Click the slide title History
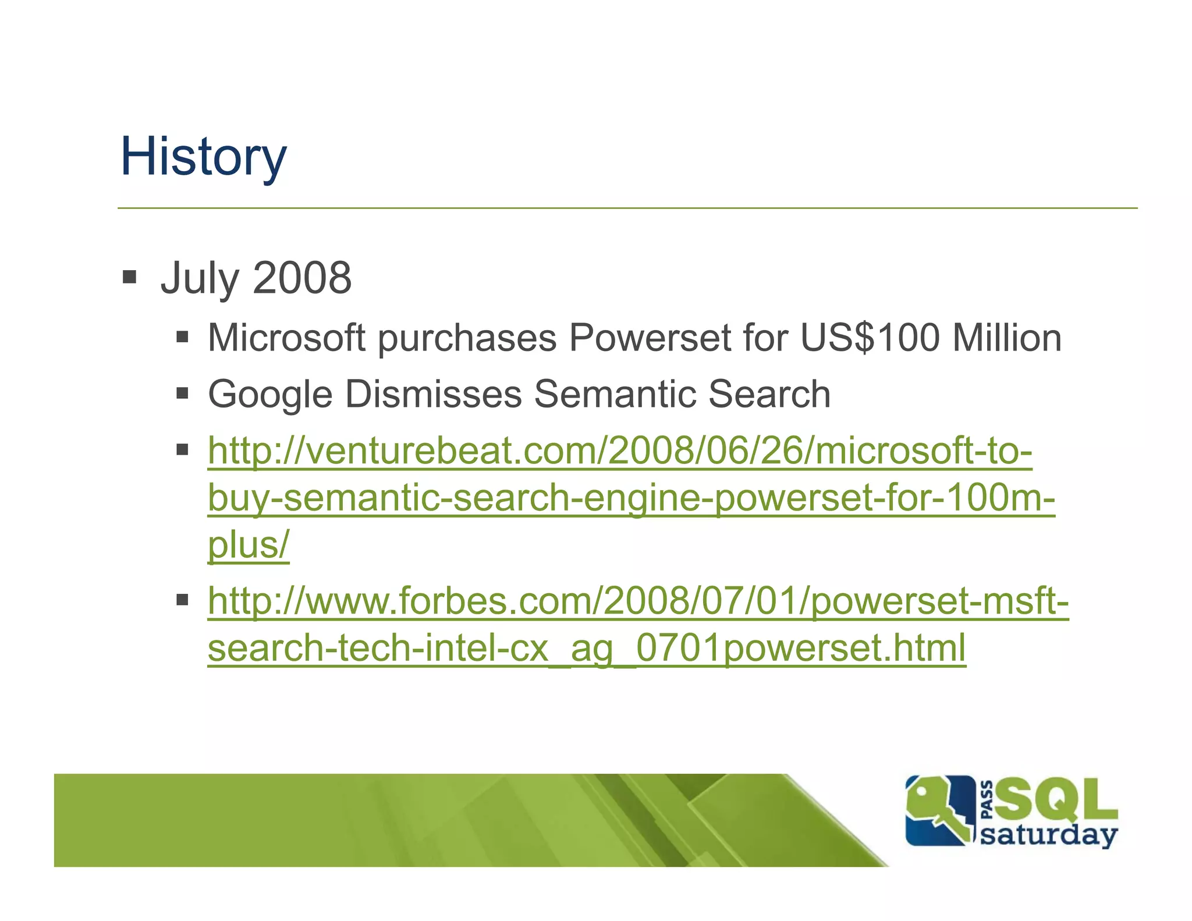(203, 157)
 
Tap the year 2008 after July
(302, 278)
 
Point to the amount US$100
(870, 338)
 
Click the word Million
(1006, 338)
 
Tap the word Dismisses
(433, 395)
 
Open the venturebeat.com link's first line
(620, 451)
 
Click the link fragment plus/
(249, 545)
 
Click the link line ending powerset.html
(587, 648)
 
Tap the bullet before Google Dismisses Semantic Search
(183, 394)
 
